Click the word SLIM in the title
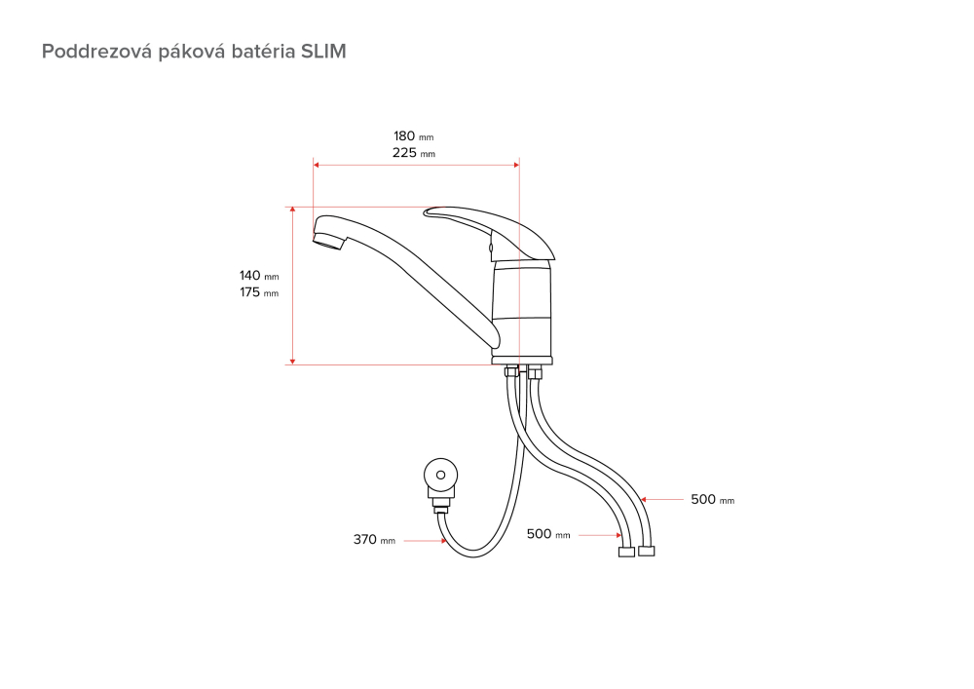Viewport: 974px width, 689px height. [323, 51]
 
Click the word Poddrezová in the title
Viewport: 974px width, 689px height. [96, 51]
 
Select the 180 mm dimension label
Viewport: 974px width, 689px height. [414, 136]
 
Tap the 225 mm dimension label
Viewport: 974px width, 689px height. [414, 153]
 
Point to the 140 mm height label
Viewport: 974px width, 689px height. [259, 276]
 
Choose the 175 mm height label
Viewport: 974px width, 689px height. [259, 292]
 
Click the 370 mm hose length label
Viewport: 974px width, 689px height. [374, 540]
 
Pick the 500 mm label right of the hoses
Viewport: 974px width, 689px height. [713, 500]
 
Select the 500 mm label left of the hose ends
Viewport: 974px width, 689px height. [547, 534]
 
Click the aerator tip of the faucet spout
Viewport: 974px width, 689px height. [326, 241]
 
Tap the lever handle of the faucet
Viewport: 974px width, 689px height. [490, 232]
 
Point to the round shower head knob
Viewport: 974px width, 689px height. [441, 476]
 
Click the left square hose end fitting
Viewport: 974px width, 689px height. [626, 552]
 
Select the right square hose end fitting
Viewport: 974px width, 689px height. [647, 551]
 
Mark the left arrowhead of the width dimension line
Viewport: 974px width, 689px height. [317, 166]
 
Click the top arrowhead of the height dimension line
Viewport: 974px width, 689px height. [292, 210]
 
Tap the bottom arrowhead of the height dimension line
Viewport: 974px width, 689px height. [292, 361]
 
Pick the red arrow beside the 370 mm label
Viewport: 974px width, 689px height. [425, 541]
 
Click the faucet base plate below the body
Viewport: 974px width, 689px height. [522, 361]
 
